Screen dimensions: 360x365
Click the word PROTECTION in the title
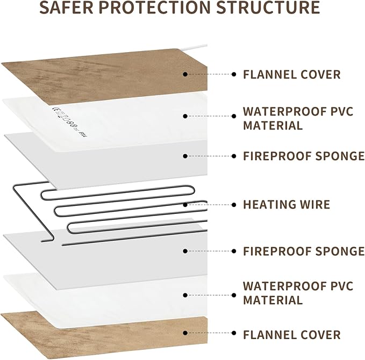click(x=169, y=9)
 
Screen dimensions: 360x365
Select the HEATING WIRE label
click(x=287, y=204)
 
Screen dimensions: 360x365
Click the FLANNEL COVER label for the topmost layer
click(x=292, y=74)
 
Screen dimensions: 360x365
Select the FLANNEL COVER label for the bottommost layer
click(x=292, y=335)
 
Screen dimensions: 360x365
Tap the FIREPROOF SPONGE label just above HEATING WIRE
click(x=304, y=156)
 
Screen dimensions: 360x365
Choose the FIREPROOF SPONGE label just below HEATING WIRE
click(x=304, y=251)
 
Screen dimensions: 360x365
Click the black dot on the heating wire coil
click(x=185, y=204)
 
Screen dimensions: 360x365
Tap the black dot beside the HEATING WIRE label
click(x=233, y=204)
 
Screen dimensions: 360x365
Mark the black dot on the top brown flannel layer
click(x=185, y=74)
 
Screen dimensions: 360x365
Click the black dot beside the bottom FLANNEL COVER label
click(x=233, y=335)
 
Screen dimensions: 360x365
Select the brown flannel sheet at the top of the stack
click(x=108, y=75)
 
